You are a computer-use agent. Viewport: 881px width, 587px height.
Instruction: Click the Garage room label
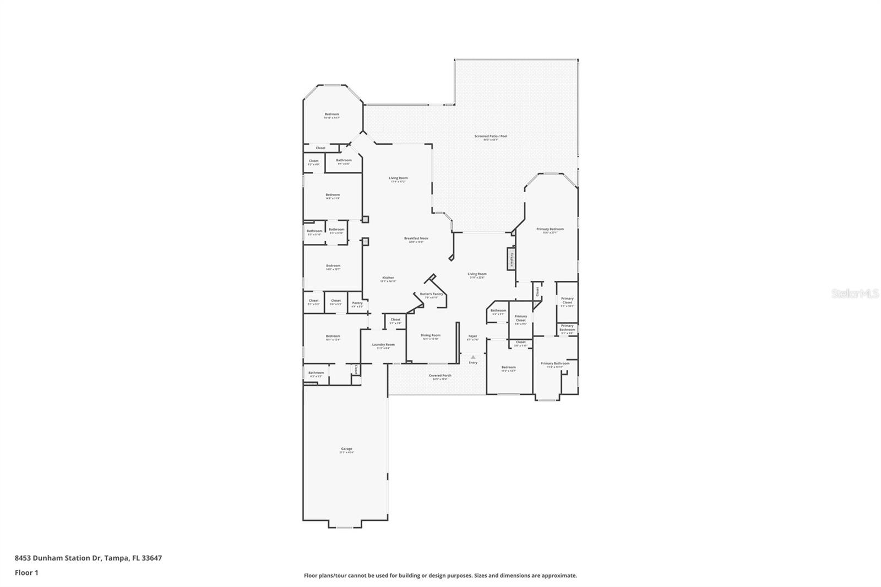(346, 449)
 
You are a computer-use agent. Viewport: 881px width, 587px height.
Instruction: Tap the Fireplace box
(511, 259)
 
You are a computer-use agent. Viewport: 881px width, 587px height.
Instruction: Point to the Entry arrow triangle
(472, 357)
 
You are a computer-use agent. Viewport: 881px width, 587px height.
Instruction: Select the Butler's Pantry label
(431, 294)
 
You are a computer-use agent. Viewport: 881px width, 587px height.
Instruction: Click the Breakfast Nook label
(416, 238)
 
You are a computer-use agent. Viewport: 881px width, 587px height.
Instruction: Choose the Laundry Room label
(383, 345)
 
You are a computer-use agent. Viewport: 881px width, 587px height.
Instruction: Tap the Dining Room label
(431, 335)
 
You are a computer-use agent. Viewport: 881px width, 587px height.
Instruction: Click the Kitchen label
(388, 278)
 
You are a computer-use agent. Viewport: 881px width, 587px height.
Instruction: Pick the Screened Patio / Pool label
(491, 136)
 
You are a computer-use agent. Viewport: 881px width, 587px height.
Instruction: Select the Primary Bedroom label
(550, 229)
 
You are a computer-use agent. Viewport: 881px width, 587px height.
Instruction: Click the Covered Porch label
(440, 376)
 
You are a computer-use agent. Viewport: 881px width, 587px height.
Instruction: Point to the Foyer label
(472, 336)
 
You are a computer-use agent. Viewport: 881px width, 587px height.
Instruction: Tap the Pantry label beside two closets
(357, 303)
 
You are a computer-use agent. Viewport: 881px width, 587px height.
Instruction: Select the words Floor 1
(26, 573)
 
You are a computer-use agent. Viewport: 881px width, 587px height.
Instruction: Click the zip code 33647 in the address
(151, 558)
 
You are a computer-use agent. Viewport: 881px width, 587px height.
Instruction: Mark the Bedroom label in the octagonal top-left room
(331, 115)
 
